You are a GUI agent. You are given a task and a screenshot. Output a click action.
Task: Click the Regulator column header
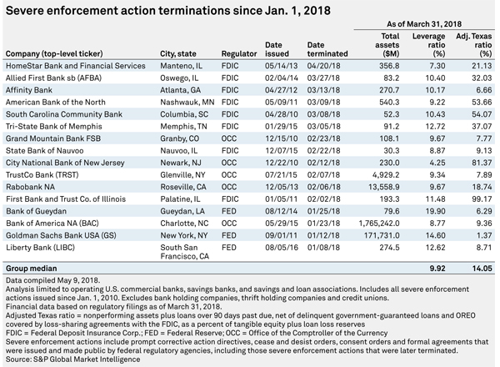pyautogui.click(x=239, y=54)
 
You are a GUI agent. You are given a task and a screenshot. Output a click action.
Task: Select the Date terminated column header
pyautogui.click(x=327, y=49)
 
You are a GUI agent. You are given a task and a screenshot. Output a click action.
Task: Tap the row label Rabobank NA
pyautogui.click(x=30, y=187)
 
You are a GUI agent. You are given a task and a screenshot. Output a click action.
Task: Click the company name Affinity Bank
pyautogui.click(x=29, y=90)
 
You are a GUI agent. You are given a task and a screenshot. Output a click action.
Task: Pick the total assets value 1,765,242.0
pyautogui.click(x=379, y=224)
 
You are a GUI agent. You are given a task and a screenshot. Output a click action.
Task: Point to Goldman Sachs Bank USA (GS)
pyautogui.click(x=61, y=235)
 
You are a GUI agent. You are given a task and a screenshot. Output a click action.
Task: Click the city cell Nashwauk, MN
pyautogui.click(x=187, y=102)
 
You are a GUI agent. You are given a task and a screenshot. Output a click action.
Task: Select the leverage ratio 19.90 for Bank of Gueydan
pyautogui.click(x=435, y=211)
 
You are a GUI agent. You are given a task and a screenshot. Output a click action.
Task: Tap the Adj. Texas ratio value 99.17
pyautogui.click(x=482, y=199)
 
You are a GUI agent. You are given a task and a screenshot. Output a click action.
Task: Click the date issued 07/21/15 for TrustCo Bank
pyautogui.click(x=281, y=175)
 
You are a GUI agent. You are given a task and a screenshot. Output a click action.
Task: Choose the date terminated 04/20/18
pyautogui.click(x=323, y=66)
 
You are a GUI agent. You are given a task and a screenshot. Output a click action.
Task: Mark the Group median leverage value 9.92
pyautogui.click(x=437, y=269)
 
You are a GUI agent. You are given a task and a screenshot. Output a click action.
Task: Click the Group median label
pyautogui.click(x=32, y=269)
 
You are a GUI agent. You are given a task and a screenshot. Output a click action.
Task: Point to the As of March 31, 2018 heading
pyautogui.click(x=424, y=24)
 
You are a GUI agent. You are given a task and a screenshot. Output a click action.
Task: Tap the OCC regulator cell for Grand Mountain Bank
pyautogui.click(x=229, y=138)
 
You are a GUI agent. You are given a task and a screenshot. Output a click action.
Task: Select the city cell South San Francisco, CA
pyautogui.click(x=185, y=252)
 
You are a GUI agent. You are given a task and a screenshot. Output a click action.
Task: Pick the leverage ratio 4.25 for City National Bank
pyautogui.click(x=437, y=163)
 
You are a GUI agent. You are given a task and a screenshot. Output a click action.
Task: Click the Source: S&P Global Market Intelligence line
pyautogui.click(x=73, y=359)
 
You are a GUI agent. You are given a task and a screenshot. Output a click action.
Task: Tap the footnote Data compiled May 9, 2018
pyautogui.click(x=53, y=280)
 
